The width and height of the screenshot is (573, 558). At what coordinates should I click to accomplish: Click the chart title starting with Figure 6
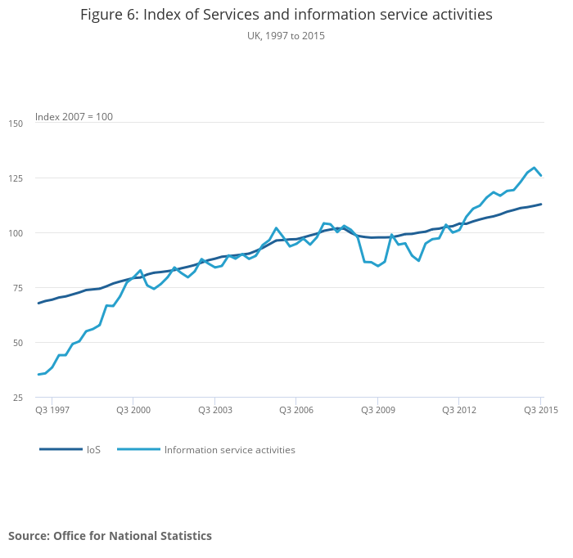pos(286,16)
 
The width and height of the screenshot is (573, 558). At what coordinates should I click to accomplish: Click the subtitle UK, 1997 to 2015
pos(286,36)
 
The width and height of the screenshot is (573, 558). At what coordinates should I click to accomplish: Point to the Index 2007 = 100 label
pos(74,117)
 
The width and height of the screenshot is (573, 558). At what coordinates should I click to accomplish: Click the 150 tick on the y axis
pos(16,124)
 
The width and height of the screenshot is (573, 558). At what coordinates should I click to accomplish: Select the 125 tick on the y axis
pos(16,178)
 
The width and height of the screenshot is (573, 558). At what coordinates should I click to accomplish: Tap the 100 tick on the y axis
pos(16,233)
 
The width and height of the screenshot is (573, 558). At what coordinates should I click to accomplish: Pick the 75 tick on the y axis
pos(18,288)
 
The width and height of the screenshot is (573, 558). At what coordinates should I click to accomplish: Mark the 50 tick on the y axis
pos(18,343)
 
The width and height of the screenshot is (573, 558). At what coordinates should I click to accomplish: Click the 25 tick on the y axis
pos(18,398)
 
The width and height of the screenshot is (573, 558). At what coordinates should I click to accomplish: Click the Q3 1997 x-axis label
pos(52,410)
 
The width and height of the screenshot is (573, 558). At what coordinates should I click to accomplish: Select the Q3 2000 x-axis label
pos(133,410)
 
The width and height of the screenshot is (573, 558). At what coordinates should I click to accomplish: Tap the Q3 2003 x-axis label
pos(214,410)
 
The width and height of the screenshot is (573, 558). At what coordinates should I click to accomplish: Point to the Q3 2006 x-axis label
pos(296,410)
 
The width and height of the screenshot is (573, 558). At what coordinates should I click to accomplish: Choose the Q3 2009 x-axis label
pos(377,410)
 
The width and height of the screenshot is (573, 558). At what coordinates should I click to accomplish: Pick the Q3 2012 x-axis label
pos(458,410)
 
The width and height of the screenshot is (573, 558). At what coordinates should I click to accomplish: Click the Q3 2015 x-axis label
pos(540,410)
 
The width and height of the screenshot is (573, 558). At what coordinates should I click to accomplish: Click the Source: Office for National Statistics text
pos(111,536)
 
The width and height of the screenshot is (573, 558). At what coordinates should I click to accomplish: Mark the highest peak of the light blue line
pos(535,168)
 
